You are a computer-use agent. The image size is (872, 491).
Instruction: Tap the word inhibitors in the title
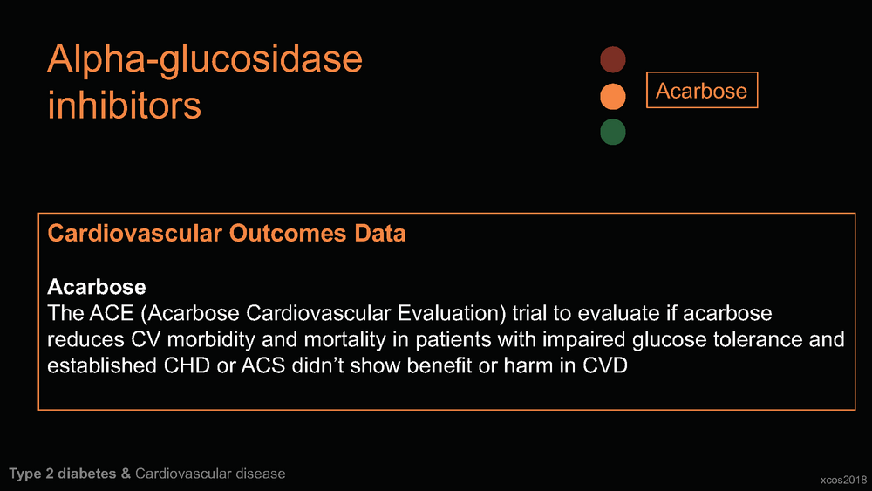124,106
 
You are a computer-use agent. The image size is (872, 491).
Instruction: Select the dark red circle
613,59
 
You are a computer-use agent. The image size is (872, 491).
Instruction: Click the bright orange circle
613,96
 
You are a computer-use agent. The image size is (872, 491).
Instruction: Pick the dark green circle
613,133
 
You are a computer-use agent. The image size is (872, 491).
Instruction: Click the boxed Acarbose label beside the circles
702,90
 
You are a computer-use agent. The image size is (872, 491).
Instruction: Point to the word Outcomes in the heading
288,233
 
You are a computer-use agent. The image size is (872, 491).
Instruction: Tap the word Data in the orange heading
380,233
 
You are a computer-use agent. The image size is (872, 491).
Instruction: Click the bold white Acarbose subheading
97,287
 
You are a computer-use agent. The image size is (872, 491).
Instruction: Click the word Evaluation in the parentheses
452,314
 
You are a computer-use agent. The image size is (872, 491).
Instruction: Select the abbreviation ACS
263,366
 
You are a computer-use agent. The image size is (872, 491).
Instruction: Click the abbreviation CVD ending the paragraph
605,366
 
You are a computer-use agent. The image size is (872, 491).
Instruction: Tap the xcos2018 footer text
843,480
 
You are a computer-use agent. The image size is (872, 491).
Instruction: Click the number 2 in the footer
50,474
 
